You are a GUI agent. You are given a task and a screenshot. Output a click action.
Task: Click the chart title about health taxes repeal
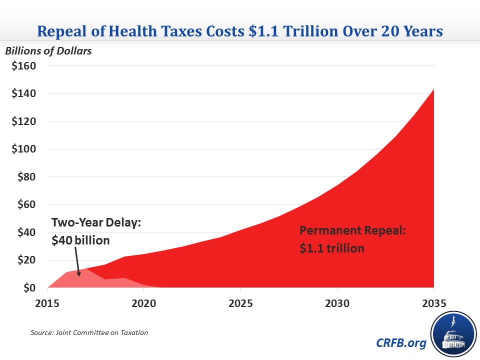click(x=240, y=31)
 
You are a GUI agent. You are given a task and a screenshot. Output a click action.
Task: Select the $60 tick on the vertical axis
click(x=24, y=204)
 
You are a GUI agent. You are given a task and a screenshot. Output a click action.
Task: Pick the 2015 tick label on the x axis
click(x=47, y=303)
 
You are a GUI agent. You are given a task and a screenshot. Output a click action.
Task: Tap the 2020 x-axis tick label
click(x=144, y=303)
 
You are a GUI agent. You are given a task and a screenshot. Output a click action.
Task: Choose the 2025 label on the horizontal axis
click(x=240, y=303)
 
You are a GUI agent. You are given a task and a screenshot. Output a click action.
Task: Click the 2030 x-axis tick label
click(x=337, y=303)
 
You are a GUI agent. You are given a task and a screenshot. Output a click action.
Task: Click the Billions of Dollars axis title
click(x=48, y=51)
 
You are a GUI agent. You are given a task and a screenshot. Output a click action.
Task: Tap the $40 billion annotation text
click(x=80, y=240)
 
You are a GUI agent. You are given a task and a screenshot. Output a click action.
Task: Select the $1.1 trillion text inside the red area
click(x=332, y=247)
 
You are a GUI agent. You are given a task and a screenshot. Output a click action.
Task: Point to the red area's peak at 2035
click(x=433, y=90)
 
